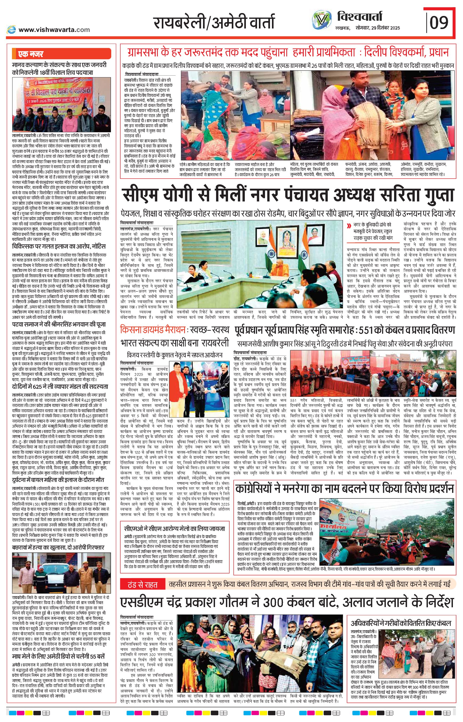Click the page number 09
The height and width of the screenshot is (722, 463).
439,23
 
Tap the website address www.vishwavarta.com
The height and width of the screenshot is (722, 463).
54,30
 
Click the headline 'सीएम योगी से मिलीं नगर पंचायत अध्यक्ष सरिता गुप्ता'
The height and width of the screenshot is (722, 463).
288,195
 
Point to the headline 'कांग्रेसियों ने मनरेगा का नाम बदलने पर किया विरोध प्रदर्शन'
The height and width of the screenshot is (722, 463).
345,489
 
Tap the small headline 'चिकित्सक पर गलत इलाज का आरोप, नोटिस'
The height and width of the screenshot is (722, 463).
59,246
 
